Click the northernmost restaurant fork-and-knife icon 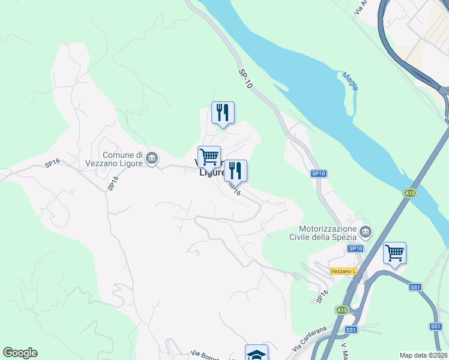tap(223, 112)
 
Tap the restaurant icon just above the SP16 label tap(235, 170)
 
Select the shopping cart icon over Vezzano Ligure tap(209, 157)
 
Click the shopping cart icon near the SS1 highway tap(394, 253)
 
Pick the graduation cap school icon tap(256, 353)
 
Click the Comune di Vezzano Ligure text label tap(122, 159)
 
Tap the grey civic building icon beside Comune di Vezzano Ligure tap(151, 158)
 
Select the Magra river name tap(350, 81)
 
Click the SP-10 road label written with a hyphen tap(246, 79)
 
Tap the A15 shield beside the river tap(410, 193)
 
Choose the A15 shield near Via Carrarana tap(342, 310)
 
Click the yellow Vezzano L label tap(343, 271)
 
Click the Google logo tap(20, 353)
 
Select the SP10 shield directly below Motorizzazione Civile tap(355, 248)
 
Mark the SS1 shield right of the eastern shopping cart tap(415, 287)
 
